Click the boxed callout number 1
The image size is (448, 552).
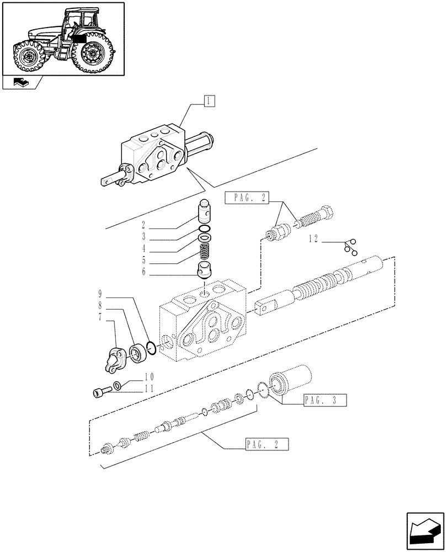[209, 100]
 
